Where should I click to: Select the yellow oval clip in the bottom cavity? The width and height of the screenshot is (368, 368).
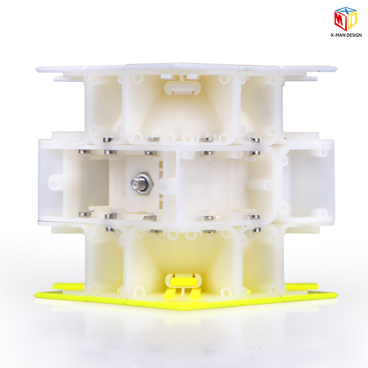click(183, 281)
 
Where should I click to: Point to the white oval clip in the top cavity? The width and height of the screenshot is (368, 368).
click(182, 88)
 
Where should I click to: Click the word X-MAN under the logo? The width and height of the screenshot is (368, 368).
click(336, 35)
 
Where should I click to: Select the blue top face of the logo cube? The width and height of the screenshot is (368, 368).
click(346, 11)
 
